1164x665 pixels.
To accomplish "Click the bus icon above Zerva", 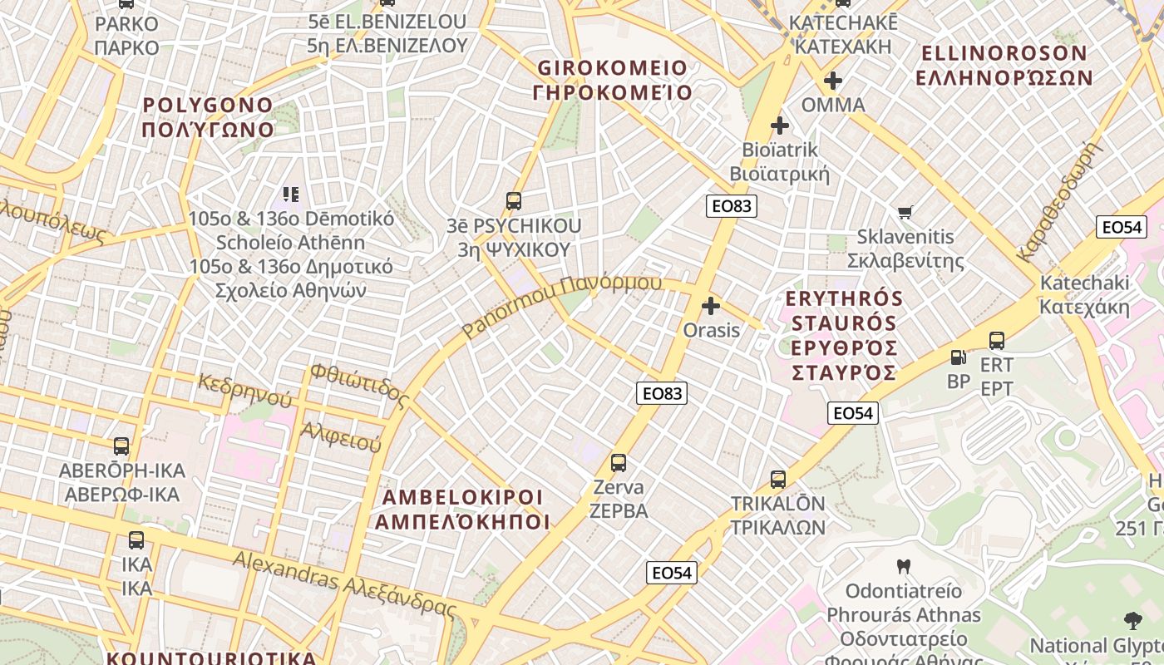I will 619,463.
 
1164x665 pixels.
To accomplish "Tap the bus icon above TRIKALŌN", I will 778,480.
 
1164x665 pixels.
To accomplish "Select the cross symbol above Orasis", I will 711,306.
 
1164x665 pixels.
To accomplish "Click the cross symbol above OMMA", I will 832,81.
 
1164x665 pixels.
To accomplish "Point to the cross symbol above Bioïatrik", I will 780,126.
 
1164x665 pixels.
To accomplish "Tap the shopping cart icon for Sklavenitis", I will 905,213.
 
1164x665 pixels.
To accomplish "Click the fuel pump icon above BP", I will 959,357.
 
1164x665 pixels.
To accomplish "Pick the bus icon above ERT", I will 997,340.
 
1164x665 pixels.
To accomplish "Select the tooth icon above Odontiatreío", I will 904,567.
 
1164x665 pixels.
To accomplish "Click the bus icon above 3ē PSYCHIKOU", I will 514,201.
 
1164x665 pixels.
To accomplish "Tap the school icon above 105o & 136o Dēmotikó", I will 290,195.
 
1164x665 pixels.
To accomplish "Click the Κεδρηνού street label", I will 244,390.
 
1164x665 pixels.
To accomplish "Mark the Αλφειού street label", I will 341,436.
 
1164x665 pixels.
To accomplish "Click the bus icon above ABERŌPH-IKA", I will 121,446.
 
